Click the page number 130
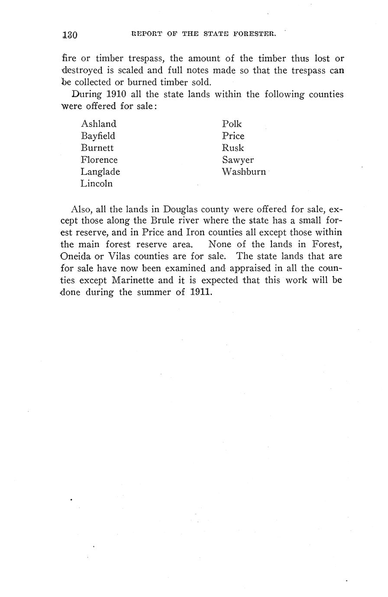69,35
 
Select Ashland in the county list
99,124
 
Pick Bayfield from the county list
98,136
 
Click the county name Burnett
97,148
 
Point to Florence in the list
99,160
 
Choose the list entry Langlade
100,172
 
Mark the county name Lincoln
97,183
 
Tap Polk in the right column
232,124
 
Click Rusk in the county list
233,148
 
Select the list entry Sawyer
238,160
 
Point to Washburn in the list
244,172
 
